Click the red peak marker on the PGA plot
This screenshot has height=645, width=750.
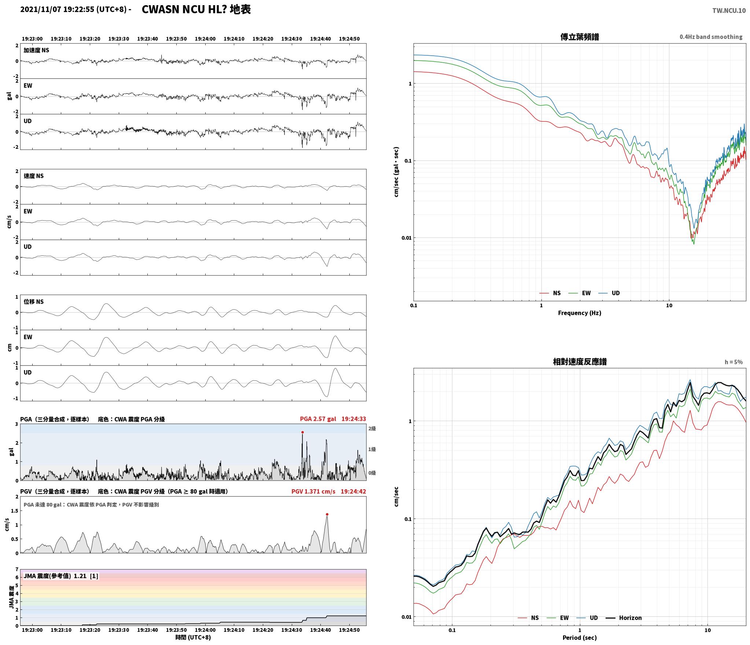point(302,432)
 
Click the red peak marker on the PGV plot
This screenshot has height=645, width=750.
point(327,515)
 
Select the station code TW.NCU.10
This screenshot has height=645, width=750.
point(729,11)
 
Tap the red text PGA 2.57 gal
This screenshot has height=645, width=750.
point(318,419)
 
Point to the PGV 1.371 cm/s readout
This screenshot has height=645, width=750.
point(313,491)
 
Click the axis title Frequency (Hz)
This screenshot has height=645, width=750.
point(580,313)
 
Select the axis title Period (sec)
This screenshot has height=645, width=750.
point(580,638)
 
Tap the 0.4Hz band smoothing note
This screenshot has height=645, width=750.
point(711,37)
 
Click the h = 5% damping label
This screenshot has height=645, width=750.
point(734,362)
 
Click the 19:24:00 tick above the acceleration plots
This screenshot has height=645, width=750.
point(205,39)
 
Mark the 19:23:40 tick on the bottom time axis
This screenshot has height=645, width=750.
point(148,630)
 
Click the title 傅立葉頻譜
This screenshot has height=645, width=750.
point(580,37)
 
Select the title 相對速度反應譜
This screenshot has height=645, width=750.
point(580,362)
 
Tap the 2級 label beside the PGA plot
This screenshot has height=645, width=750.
point(372,429)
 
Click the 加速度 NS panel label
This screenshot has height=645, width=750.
point(36,50)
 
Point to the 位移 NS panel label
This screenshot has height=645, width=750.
point(34,302)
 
